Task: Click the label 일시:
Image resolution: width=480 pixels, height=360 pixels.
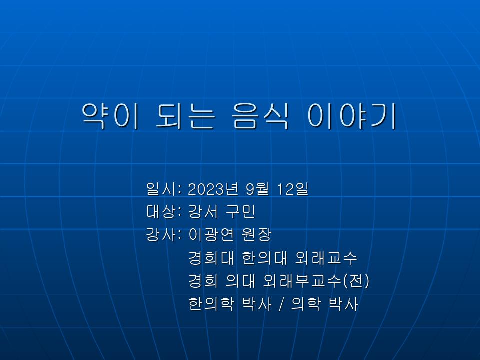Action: (x=164, y=189)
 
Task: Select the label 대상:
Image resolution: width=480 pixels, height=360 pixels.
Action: (x=164, y=212)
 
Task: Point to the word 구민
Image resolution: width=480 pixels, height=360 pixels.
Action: (x=241, y=212)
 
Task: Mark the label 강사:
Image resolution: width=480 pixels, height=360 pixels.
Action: (x=164, y=235)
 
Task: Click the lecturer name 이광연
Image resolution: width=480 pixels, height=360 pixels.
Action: (x=211, y=235)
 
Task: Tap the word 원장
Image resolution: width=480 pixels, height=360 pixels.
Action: (x=257, y=235)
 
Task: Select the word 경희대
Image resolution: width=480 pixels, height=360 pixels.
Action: (x=211, y=258)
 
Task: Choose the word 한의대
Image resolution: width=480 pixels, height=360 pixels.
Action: (x=265, y=258)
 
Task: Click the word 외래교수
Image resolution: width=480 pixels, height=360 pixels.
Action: (x=326, y=258)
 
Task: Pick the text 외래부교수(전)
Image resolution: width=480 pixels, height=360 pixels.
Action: (x=316, y=280)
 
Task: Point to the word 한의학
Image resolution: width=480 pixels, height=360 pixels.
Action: (x=211, y=303)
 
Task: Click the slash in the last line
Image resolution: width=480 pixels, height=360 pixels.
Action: (x=281, y=304)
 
